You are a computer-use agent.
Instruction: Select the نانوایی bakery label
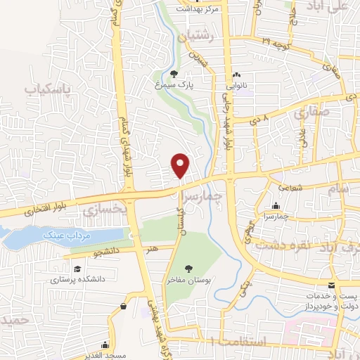point(236,87)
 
